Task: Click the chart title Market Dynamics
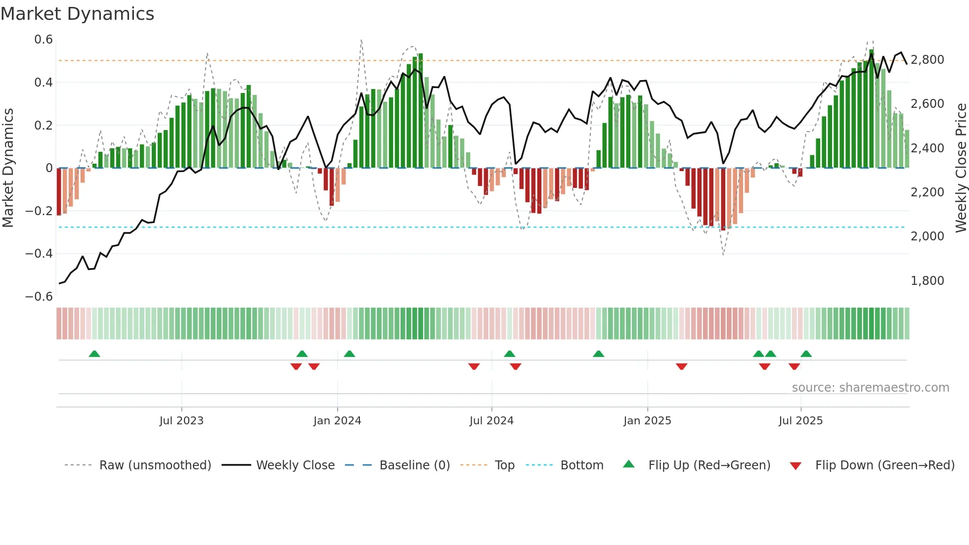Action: point(77,14)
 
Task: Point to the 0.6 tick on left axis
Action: point(44,40)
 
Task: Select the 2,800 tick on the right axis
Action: point(927,60)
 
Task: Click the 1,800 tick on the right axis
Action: point(927,281)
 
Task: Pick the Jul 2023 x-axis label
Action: point(181,421)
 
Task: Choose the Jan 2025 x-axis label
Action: point(647,421)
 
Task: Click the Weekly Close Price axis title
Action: point(961,167)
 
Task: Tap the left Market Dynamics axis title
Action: point(8,167)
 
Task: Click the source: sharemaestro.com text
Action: point(870,388)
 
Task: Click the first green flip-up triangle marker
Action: point(94,354)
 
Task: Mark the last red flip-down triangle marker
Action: point(794,366)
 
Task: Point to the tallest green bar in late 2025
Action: point(872,109)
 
